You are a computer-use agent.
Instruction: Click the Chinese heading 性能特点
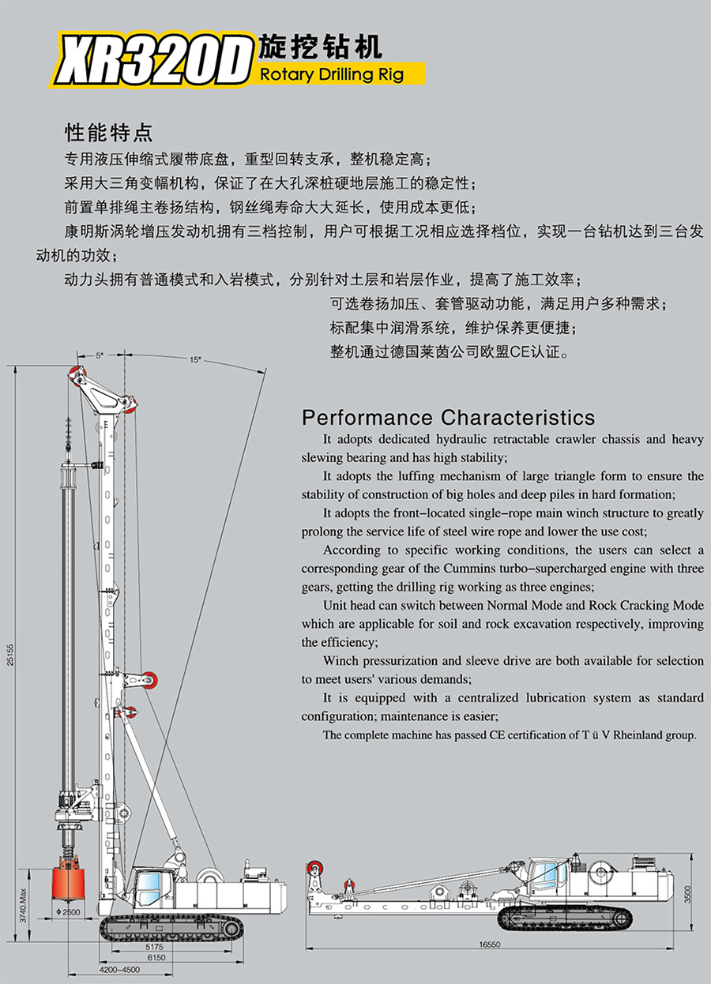click(x=110, y=131)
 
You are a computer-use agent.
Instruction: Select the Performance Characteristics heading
click(x=448, y=417)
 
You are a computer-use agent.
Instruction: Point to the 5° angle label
click(x=100, y=356)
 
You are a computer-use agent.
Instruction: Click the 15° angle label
click(x=194, y=359)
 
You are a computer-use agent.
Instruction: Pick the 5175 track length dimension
click(x=154, y=946)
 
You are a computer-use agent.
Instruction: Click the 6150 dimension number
click(x=156, y=957)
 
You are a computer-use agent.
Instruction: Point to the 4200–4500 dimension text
click(x=119, y=970)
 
